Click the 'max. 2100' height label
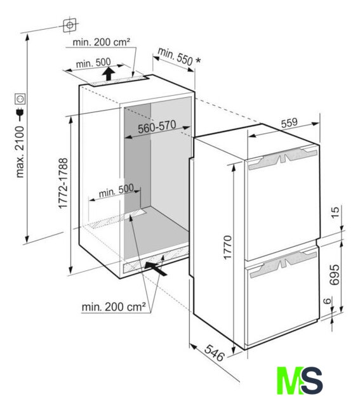pos(20,152)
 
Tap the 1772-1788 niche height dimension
pos(63,183)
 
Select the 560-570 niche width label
pos(157,127)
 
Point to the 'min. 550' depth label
pos(175,56)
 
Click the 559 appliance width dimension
pos(290,123)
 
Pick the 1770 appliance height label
pos(227,247)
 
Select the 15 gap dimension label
pos(335,213)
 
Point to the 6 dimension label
pos(328,301)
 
